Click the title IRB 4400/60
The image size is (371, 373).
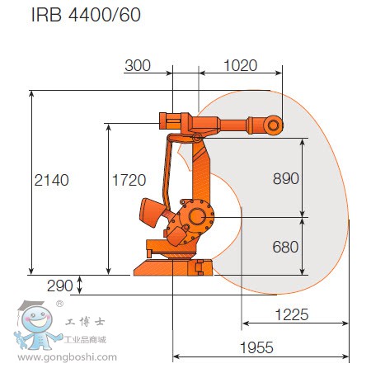click(x=73, y=15)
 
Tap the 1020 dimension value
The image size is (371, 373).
click(x=240, y=65)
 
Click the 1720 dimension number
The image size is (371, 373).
click(x=128, y=179)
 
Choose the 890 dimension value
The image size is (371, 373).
click(x=284, y=178)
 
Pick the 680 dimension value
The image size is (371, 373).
click(x=284, y=245)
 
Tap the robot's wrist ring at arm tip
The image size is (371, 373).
click(x=274, y=124)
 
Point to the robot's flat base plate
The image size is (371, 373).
click(x=172, y=269)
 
